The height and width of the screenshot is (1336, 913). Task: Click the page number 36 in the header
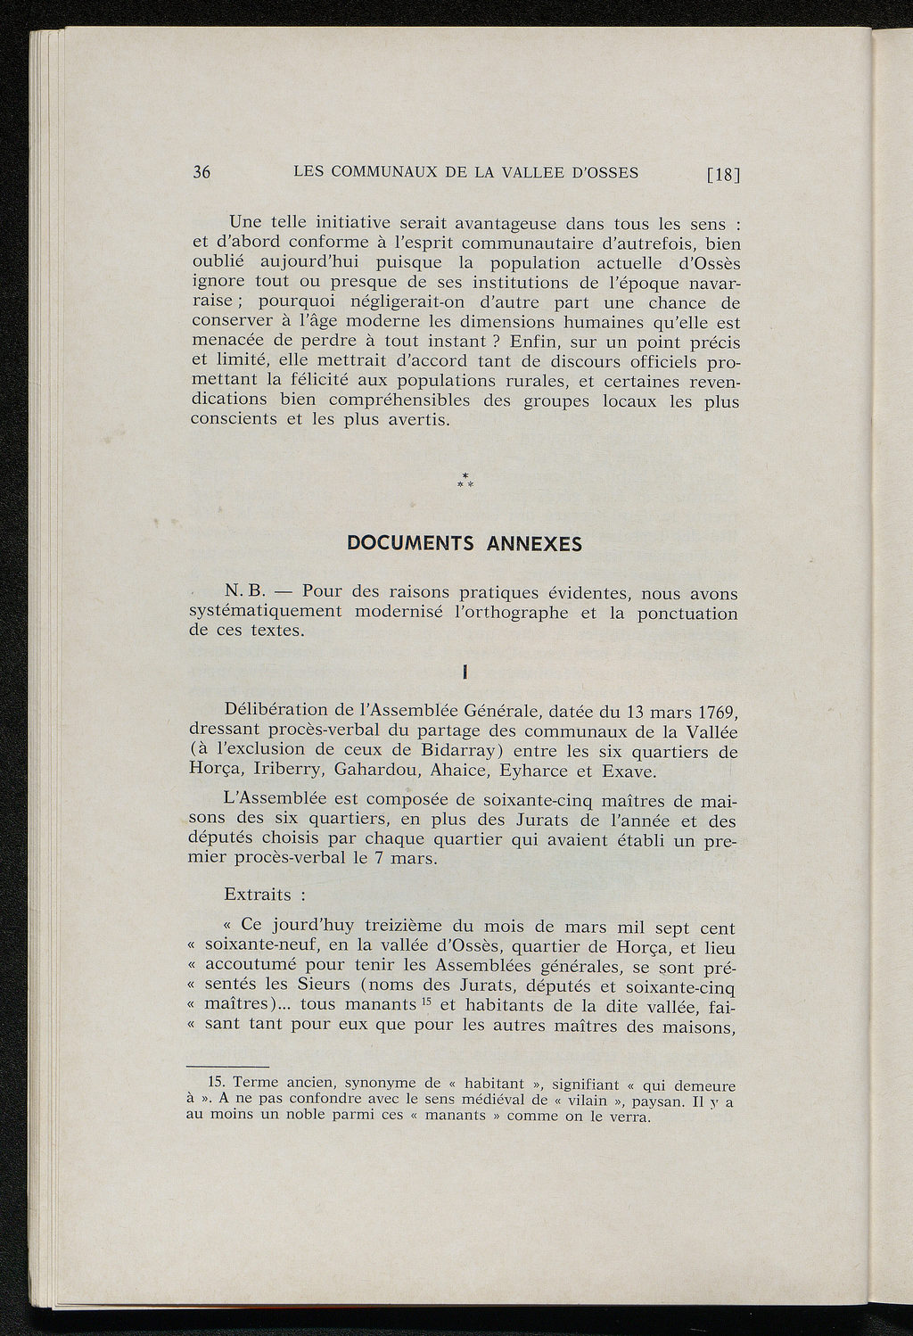pyautogui.click(x=202, y=173)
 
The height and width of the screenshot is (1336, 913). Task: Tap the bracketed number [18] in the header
pyautogui.click(x=723, y=175)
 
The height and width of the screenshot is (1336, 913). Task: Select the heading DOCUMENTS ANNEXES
pyautogui.click(x=465, y=544)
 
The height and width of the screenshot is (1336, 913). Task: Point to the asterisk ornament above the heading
pyautogui.click(x=465, y=481)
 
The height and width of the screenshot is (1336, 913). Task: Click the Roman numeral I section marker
pyautogui.click(x=465, y=671)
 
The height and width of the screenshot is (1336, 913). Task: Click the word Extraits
pyautogui.click(x=258, y=895)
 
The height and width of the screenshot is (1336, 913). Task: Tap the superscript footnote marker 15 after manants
pyautogui.click(x=427, y=1001)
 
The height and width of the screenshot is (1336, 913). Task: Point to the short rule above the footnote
pyautogui.click(x=227, y=1067)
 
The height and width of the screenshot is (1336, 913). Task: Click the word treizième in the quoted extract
pyautogui.click(x=407, y=928)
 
